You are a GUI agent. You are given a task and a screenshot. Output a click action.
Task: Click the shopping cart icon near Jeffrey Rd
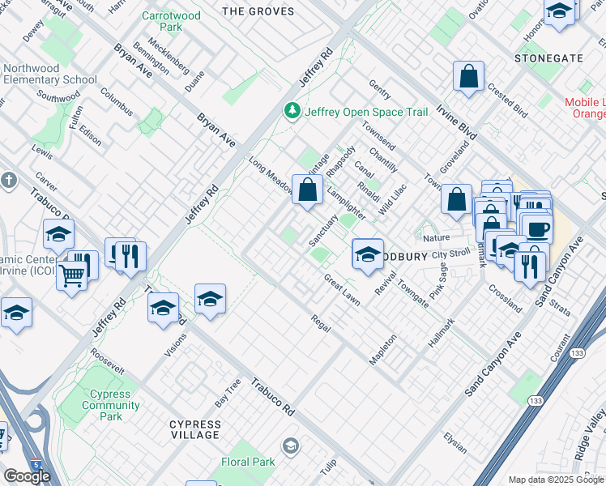click(x=72, y=277)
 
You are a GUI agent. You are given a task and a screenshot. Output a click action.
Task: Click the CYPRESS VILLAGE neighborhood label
click(x=194, y=429)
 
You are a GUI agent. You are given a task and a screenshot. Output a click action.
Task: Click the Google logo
click(x=27, y=476)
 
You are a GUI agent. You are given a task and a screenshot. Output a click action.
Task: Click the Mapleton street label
click(x=382, y=349)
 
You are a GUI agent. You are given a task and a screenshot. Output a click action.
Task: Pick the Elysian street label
click(x=454, y=444)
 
